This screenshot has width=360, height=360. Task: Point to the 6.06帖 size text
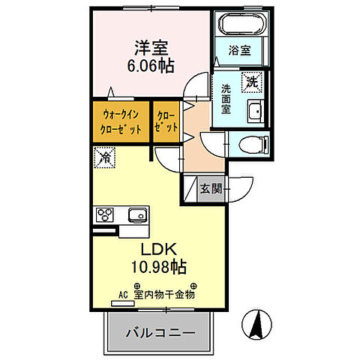click(150, 66)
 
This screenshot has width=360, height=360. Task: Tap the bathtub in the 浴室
click(241, 24)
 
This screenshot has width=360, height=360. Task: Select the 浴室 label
click(241, 51)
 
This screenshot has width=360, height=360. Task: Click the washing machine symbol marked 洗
click(250, 80)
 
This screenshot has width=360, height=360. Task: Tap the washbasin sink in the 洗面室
click(254, 110)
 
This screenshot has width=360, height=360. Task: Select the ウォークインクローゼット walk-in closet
click(121, 121)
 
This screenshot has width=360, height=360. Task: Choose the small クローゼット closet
click(166, 121)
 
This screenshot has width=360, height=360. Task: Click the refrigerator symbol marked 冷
click(105, 158)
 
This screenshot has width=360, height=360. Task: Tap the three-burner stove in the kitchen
click(104, 216)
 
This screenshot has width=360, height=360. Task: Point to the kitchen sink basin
click(136, 216)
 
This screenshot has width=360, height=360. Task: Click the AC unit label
click(124, 295)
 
